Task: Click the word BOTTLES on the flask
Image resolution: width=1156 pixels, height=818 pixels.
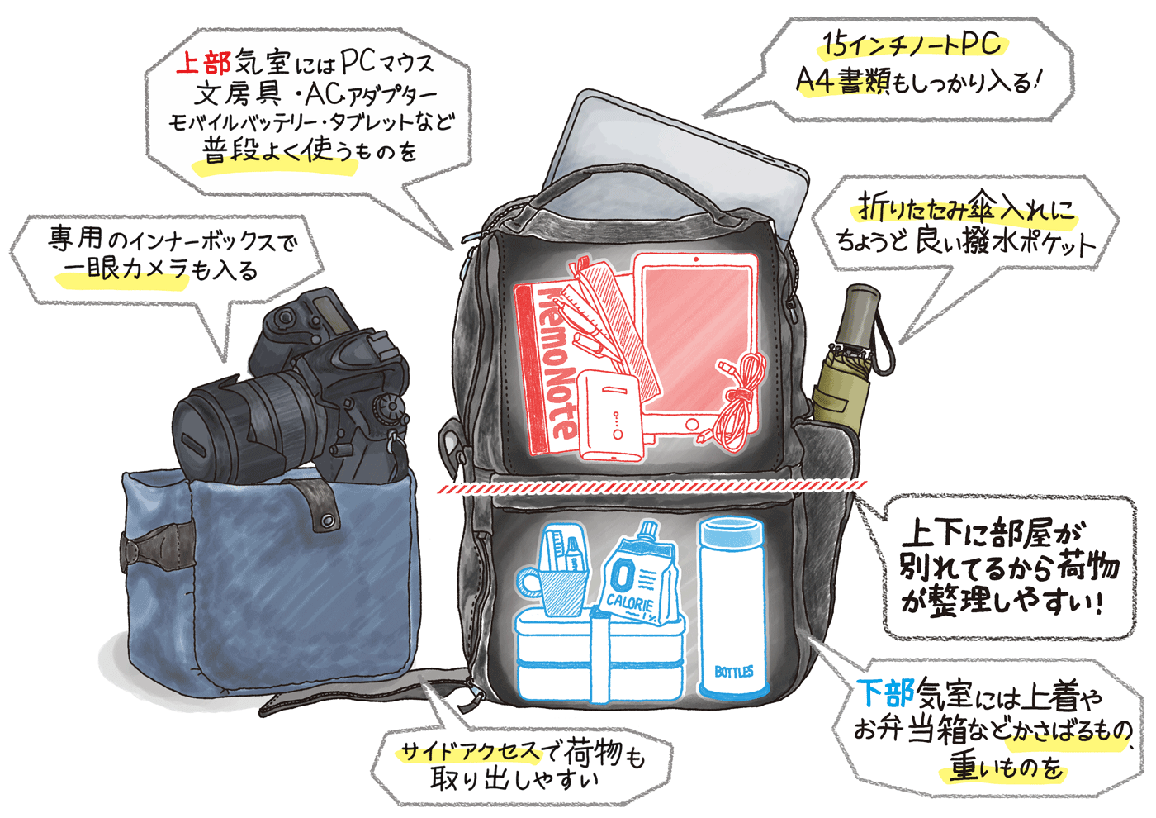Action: click(733, 672)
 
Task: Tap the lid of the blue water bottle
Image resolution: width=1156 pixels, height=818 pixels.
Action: click(731, 530)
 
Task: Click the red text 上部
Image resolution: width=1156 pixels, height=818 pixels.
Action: click(203, 63)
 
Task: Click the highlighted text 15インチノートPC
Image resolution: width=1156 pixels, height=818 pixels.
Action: click(912, 45)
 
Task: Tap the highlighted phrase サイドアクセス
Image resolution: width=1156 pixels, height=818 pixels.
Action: click(470, 752)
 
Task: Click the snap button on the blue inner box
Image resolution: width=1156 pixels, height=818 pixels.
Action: click(327, 520)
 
